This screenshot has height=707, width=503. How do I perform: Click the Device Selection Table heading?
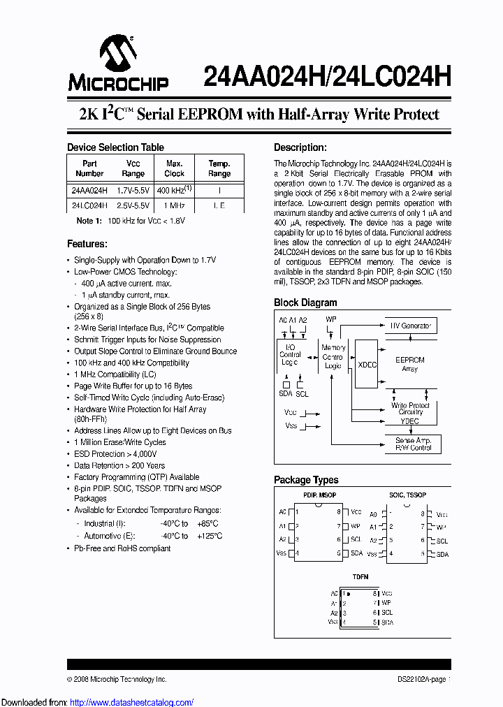115,147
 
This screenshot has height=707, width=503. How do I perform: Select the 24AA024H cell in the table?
89,190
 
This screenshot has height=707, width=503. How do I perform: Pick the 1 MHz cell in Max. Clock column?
175,205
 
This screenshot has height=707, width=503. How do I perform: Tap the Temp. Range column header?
219,168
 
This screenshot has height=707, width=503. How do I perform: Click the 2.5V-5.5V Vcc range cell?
133,205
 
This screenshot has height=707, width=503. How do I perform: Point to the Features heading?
87,244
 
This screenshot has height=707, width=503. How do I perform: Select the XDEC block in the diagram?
367,365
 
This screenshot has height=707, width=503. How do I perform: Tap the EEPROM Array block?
409,364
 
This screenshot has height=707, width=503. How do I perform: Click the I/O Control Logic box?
290,355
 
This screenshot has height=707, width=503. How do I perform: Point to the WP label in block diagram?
331,319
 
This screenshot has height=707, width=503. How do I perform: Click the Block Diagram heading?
305,303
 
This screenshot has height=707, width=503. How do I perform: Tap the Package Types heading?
306,480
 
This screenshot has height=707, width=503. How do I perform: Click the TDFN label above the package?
360,577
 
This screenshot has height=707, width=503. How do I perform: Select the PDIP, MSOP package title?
320,495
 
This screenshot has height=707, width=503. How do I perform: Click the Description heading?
300,147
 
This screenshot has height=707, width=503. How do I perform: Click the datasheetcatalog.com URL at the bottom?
98,702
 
